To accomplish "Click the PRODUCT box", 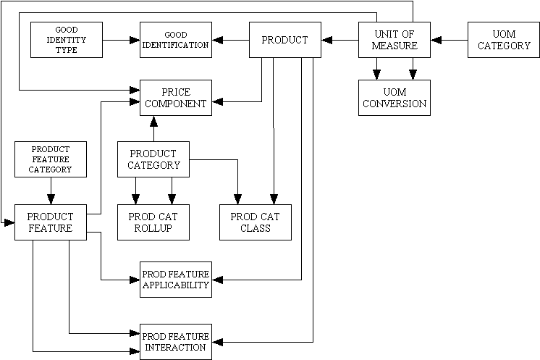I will [285, 40].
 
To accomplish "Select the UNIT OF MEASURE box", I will [395, 40].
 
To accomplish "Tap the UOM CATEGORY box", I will [504, 40].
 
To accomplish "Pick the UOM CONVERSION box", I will [395, 97].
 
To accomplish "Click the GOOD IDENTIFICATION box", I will [176, 40].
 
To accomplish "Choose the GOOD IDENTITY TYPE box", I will [67, 40].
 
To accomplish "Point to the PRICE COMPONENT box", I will [176, 97].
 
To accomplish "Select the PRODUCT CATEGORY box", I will [153, 159].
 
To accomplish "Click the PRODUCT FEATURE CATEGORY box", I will [51, 159].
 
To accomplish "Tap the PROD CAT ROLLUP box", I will [153, 222].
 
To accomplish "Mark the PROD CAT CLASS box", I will [256, 222].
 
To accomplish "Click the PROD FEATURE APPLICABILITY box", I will [176, 280].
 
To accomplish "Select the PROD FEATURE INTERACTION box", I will [176, 342].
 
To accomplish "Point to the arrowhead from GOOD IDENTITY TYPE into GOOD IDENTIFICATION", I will [135, 40].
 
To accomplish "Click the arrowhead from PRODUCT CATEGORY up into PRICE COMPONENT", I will [153, 120].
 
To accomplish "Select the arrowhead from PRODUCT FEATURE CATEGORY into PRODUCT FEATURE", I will [51, 200].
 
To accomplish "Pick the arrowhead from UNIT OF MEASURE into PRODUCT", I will [326, 40].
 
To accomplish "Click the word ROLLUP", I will [153, 228].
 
